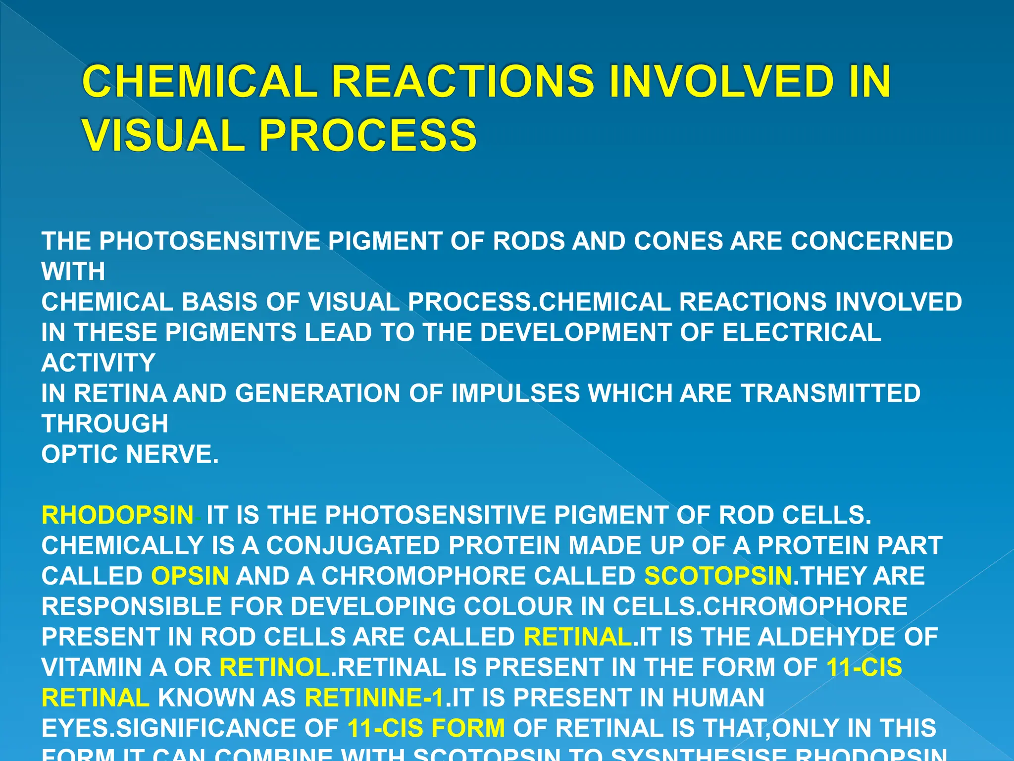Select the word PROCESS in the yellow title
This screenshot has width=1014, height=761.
(x=368, y=135)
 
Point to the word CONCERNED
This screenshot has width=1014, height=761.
(x=871, y=241)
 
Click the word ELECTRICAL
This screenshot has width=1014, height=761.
(x=802, y=332)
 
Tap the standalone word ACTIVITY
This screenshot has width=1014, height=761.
(x=98, y=363)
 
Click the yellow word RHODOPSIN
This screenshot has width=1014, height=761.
(x=117, y=515)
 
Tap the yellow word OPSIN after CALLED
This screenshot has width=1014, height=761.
(x=190, y=576)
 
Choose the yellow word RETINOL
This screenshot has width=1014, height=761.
(x=275, y=667)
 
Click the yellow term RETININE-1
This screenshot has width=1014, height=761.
(x=375, y=698)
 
